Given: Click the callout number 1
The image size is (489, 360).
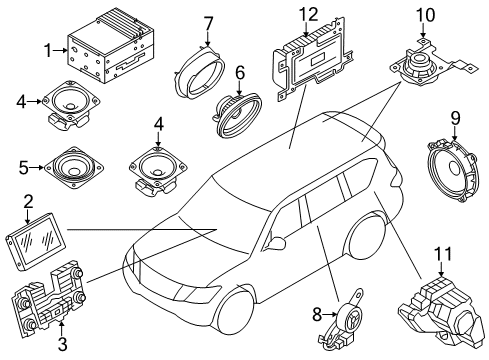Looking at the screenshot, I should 48,49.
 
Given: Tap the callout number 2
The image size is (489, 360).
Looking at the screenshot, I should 29,201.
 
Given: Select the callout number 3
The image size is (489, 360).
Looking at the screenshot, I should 62,346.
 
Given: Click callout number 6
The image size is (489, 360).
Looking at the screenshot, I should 240,73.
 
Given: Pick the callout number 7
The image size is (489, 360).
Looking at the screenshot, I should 208,21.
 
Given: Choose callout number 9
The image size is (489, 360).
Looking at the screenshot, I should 455,119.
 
